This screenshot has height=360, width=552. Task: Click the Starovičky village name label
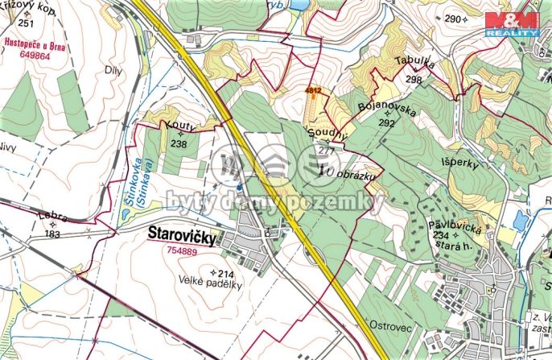[x=183, y=234]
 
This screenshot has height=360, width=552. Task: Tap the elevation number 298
[x=414, y=79]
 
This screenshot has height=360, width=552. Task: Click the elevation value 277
[x=326, y=150]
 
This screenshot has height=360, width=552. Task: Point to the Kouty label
[x=180, y=128]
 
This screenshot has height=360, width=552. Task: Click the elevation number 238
[x=179, y=144]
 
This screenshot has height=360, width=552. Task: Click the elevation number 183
[x=53, y=234]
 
